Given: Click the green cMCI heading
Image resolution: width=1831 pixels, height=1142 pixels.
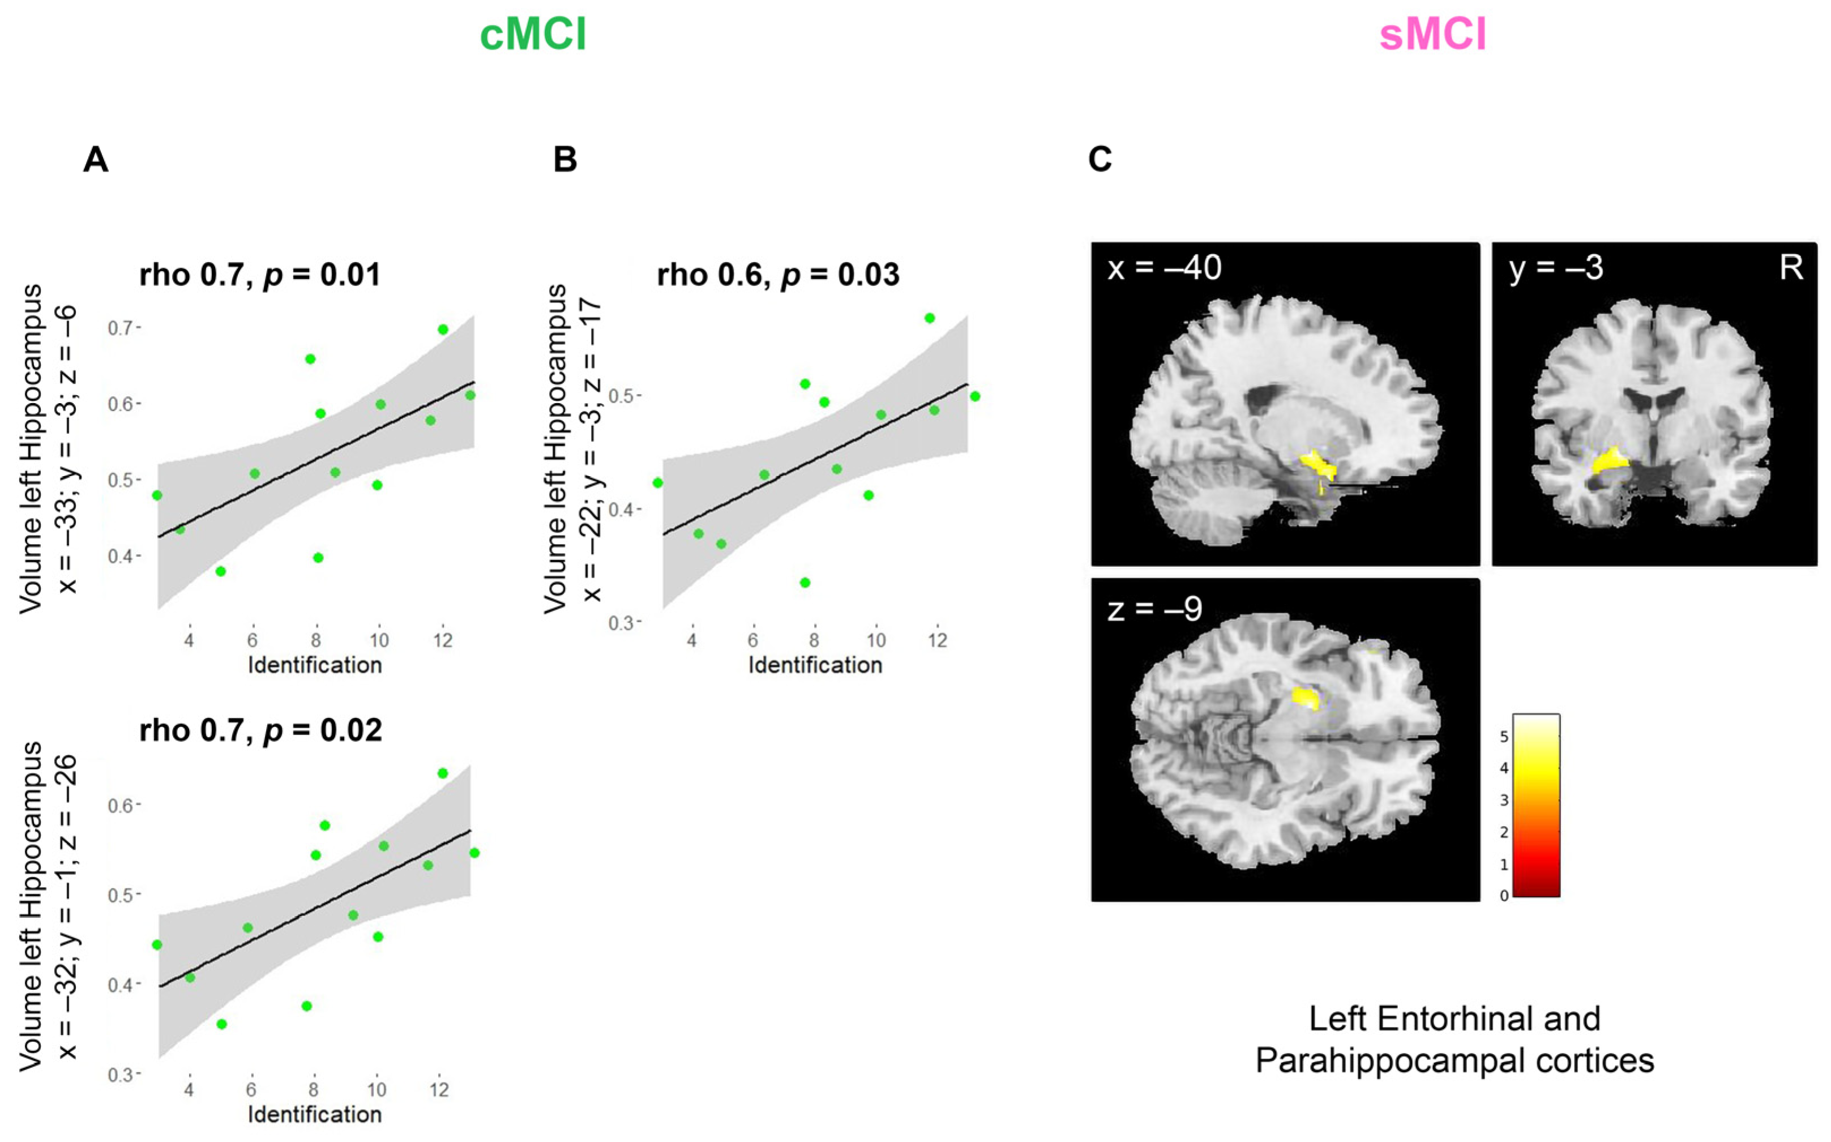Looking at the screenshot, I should tap(533, 35).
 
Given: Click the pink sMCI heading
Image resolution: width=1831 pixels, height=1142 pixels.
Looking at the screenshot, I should tap(1432, 35).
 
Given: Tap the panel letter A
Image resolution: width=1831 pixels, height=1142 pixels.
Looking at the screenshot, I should tap(95, 159).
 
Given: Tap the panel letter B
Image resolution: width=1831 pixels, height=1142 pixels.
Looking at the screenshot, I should tap(565, 159).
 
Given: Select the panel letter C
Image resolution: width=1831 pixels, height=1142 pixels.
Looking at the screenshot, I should tap(1100, 159).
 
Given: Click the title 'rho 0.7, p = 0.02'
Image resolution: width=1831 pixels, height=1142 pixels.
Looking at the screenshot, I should tap(260, 730).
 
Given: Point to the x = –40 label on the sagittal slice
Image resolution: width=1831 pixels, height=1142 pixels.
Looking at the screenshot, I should tap(1163, 268).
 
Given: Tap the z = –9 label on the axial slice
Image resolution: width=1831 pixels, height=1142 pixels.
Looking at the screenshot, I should tap(1154, 609).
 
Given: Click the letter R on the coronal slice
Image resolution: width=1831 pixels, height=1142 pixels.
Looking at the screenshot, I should tap(1791, 267).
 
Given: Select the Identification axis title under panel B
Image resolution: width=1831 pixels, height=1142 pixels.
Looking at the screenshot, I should tap(815, 665).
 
